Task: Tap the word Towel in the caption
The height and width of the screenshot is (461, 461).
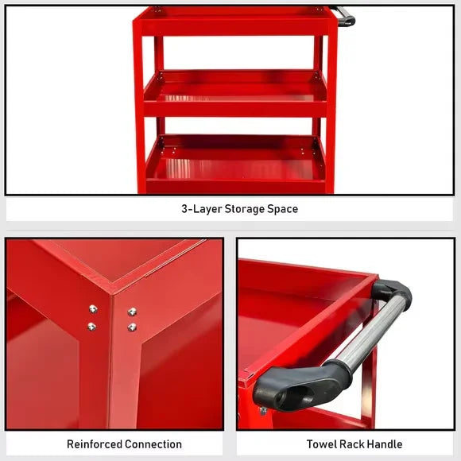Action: click(x=323, y=444)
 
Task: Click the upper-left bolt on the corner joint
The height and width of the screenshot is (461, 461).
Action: click(x=93, y=308)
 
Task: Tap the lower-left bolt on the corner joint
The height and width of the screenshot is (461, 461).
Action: click(x=92, y=326)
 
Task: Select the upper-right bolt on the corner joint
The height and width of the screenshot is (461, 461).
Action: click(x=132, y=311)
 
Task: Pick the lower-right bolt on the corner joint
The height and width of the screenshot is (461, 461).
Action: click(x=132, y=327)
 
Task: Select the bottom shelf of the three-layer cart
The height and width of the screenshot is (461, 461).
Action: click(x=234, y=163)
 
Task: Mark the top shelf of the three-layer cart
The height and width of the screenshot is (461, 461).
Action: click(x=234, y=20)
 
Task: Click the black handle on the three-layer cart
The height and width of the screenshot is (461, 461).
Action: click(x=345, y=16)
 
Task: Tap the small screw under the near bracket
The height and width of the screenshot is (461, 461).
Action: click(x=263, y=410)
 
